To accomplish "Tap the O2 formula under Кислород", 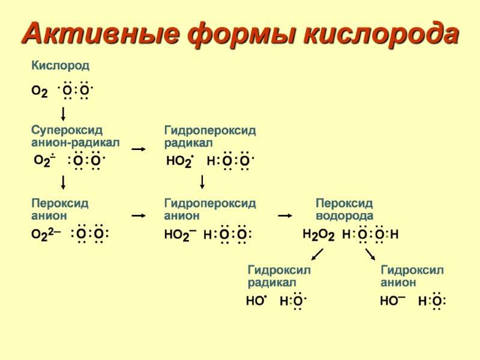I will click(40, 91).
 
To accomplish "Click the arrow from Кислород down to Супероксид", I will click(63, 113).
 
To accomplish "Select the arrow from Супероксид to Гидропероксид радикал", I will click(139, 149).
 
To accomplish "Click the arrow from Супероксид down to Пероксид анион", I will click(63, 182).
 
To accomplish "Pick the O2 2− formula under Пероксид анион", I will click(46, 235).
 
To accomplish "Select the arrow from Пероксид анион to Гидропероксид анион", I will click(139, 215).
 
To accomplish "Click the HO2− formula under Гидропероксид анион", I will click(181, 235).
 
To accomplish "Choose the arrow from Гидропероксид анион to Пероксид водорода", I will click(285, 215).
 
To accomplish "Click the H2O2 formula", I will click(318, 235).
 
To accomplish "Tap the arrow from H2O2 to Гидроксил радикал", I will click(317, 255).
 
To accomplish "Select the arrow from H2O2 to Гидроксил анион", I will click(370, 255).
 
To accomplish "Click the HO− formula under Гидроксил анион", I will click(392, 301).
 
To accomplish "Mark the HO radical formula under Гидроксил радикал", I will click(256, 301).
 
